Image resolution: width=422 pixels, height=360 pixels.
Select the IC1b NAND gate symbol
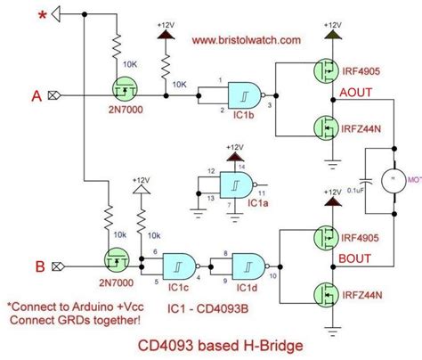(x=242, y=94)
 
